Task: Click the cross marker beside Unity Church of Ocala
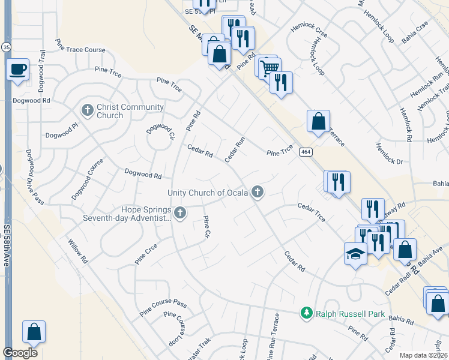[258, 192]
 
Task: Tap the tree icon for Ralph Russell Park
[307, 313]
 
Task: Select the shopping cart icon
[269, 67]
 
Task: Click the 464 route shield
[306, 151]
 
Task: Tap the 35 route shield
[6, 46]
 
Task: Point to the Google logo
[20, 353]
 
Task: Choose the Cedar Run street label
[235, 149]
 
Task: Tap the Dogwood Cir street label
[160, 136]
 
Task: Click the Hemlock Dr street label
[390, 154]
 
